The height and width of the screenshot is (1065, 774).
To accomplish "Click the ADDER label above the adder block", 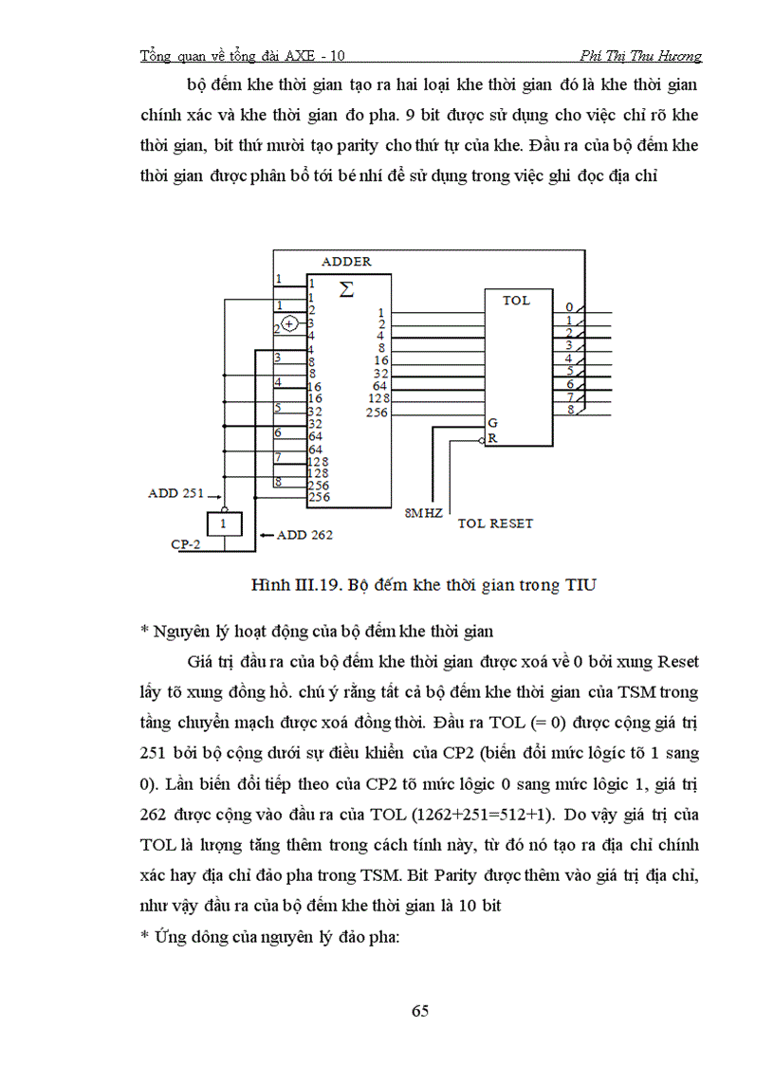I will pos(346,262).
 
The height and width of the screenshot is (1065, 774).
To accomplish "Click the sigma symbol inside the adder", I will pos(347,289).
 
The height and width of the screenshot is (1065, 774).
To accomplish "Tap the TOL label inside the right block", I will pos(518,301).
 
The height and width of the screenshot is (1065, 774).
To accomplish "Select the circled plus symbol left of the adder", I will pos(290,324).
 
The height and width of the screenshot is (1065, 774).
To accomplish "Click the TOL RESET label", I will pos(495,523).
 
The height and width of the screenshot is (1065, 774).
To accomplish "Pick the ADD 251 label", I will pos(178,494).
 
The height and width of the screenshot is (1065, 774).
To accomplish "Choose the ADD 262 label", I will pos(304,535).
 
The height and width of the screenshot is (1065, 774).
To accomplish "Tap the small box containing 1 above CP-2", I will pos(223,523).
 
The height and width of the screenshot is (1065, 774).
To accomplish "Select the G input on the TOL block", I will pos(492,422).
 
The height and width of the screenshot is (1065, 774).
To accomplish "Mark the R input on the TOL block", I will pos(492,439).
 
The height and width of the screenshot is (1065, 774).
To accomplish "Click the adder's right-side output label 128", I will pos(378,399).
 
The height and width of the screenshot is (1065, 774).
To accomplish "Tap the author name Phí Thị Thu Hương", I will pos(642,56).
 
